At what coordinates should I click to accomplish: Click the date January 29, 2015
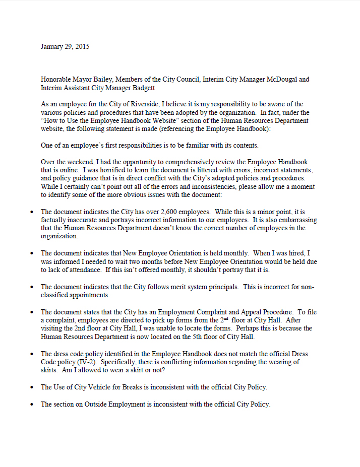[x=65, y=47]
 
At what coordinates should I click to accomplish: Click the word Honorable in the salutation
[x=57, y=80]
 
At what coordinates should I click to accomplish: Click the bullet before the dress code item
[x=32, y=354]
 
